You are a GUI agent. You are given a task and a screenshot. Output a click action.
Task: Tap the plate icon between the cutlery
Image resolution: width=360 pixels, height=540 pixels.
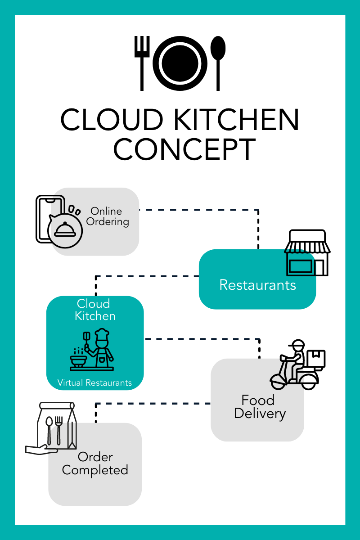point(180,61)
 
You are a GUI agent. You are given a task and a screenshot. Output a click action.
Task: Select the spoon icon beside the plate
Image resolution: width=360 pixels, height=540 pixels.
point(218,61)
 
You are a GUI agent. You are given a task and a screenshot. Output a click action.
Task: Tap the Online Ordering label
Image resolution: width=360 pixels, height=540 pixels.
point(107,216)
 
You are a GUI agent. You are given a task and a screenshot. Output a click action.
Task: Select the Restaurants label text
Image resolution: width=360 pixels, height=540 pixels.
point(257,285)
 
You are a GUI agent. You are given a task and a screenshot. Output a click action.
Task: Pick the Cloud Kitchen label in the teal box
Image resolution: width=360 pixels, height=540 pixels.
point(95,310)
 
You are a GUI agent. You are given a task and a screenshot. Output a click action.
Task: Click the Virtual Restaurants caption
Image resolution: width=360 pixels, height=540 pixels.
point(94,383)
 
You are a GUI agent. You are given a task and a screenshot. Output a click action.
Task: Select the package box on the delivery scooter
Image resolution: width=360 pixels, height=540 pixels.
point(316,359)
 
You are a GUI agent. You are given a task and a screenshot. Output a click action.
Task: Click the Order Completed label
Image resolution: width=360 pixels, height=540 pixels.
point(95,463)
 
